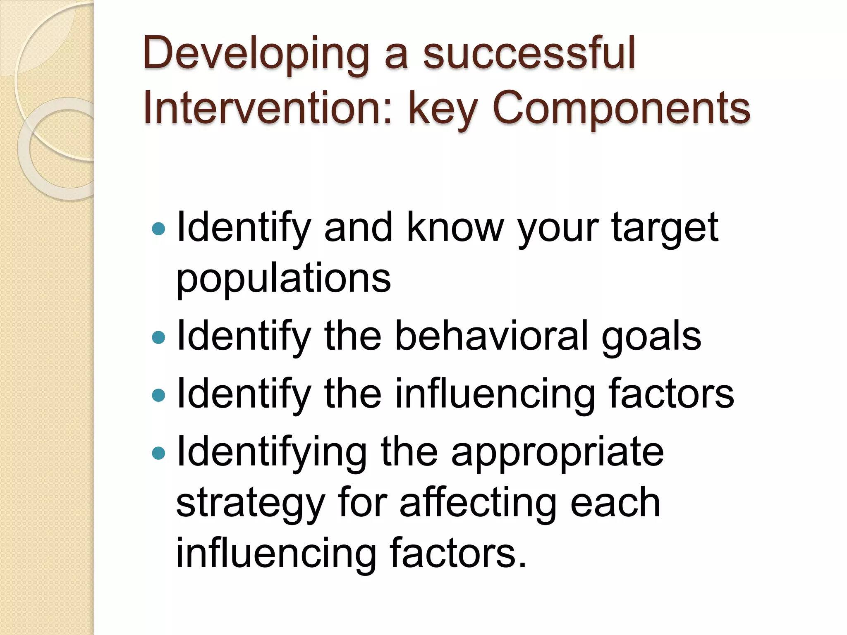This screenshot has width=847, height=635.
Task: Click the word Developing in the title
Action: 256,54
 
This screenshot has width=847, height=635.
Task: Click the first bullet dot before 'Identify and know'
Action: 158,228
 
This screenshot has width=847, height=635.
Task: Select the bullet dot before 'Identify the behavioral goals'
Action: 158,337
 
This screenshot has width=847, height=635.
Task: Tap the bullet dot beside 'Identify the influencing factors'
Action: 158,395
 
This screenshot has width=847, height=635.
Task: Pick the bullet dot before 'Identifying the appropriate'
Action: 158,453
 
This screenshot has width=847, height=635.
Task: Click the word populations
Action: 283,279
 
